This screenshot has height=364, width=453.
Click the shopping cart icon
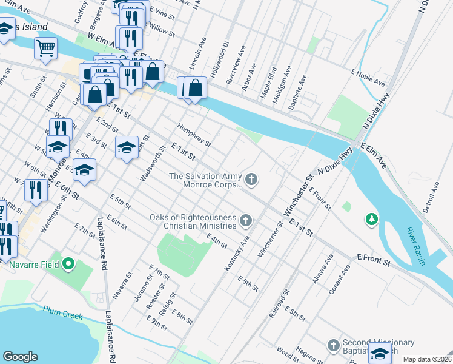[45, 48]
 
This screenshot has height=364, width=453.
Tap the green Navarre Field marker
[68, 264]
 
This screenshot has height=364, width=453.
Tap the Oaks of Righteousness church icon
[245, 220]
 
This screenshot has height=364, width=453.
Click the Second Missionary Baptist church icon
[332, 345]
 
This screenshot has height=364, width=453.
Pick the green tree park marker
[371, 218]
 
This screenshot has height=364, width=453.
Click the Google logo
[20, 357]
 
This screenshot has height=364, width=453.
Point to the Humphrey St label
[194, 135]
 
